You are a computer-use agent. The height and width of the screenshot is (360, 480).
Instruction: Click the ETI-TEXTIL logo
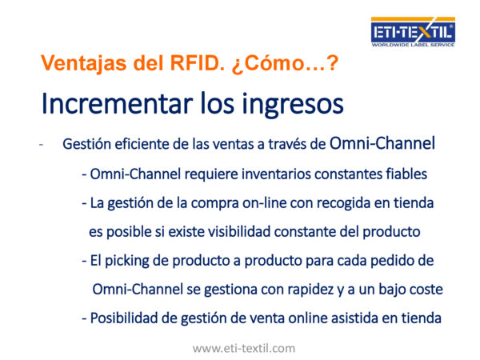(413, 32)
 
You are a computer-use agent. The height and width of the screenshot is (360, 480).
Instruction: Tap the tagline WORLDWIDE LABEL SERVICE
(413, 45)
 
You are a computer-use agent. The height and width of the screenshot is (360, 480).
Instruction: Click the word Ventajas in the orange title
(83, 64)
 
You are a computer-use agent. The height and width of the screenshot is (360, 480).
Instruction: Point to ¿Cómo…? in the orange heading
(285, 64)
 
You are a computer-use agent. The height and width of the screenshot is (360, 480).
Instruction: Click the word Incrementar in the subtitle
(117, 103)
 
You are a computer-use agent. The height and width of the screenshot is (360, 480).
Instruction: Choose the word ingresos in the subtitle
(293, 105)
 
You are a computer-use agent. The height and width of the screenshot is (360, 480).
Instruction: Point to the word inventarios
(276, 174)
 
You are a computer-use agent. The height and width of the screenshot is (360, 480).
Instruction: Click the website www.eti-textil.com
(244, 348)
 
